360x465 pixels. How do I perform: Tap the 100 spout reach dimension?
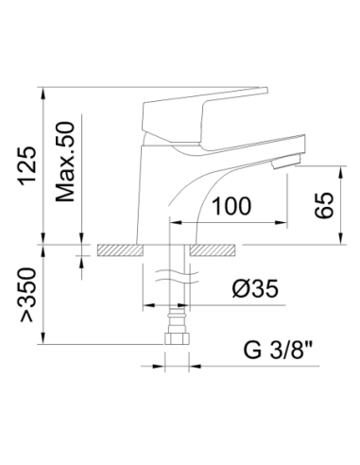point(232,205)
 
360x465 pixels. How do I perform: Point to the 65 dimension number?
point(323,205)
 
